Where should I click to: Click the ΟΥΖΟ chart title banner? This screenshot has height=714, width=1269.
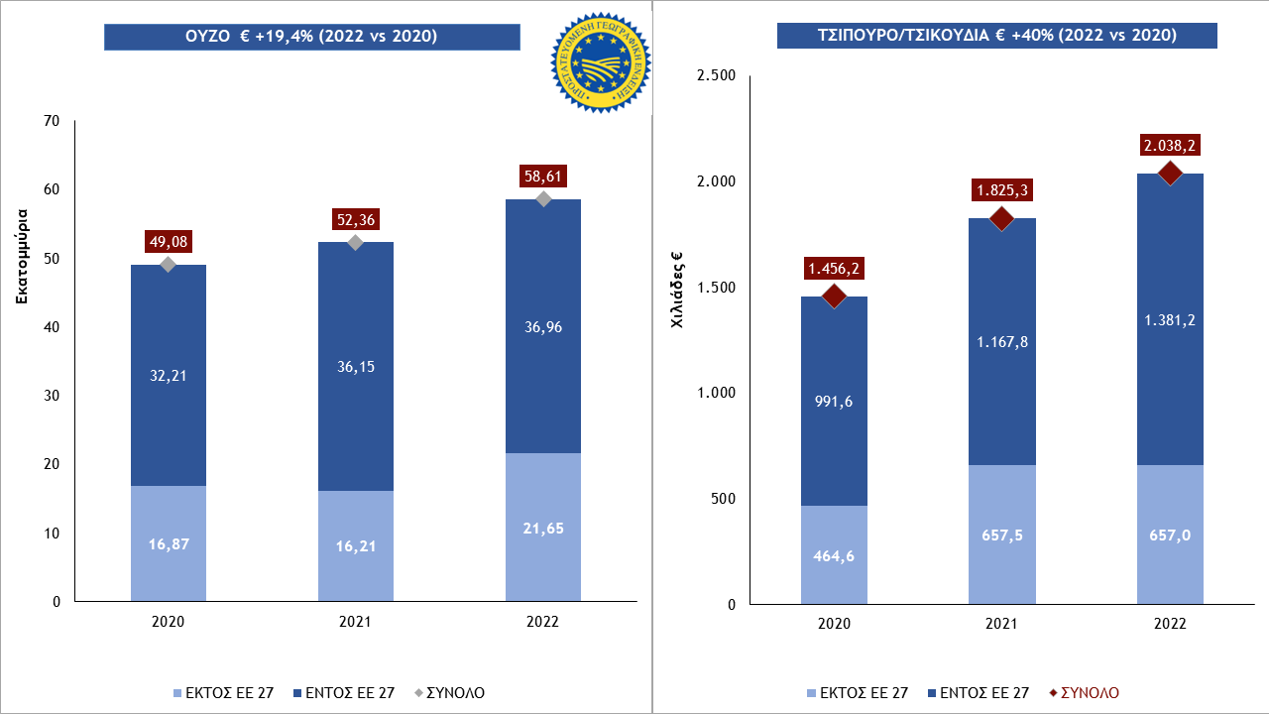[312, 37]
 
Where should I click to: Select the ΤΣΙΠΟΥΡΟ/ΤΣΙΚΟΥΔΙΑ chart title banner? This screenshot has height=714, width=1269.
[996, 35]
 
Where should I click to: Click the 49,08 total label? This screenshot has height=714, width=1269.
[168, 241]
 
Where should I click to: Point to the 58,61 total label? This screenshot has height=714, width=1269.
[543, 177]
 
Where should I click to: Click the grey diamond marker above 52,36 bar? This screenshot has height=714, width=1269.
[356, 243]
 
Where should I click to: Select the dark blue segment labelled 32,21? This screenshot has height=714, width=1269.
[168, 375]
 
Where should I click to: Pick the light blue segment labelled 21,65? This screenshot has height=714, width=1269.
[543, 527]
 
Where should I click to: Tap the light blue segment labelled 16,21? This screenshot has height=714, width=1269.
[356, 545]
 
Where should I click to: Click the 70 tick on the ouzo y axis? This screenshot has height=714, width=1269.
[52, 122]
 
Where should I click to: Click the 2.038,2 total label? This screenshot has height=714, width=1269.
[1170, 146]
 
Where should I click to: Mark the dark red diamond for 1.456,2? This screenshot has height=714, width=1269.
[834, 297]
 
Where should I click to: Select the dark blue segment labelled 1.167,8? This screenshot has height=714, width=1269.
[1002, 341]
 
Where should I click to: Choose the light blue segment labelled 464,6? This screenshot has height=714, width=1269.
[834, 554]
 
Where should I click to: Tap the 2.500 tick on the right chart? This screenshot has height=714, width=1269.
[715, 76]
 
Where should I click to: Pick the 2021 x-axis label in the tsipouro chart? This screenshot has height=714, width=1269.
[1002, 625]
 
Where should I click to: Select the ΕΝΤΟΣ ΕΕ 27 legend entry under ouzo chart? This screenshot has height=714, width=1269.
[347, 692]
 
